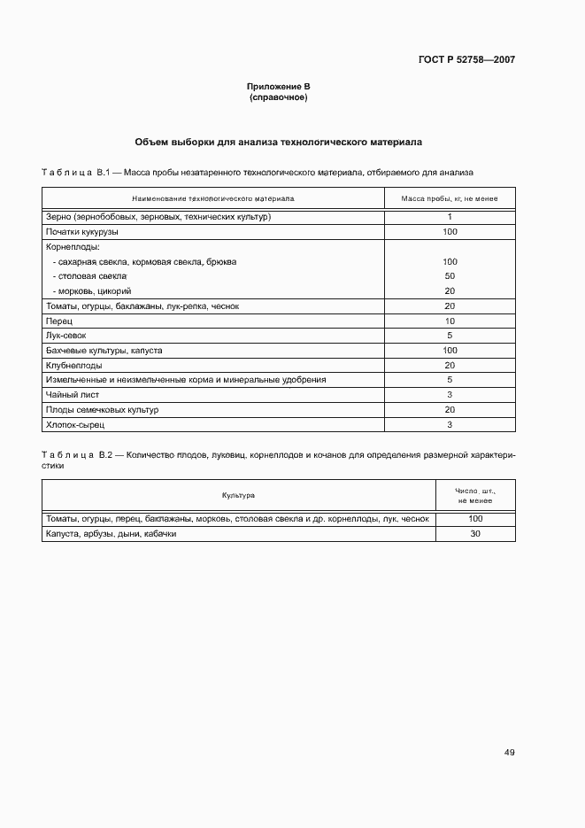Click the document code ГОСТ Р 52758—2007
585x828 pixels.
pos(466,60)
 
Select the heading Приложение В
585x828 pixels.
pos(279,86)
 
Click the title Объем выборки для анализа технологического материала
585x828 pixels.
pos(279,141)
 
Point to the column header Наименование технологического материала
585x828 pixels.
pos(213,198)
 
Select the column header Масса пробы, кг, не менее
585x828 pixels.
pos(450,198)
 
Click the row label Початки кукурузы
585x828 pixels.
pos(81,231)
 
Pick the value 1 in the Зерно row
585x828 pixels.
pos(450,217)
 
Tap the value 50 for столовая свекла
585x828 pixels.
pos(450,276)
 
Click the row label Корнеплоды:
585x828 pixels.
pos(72,247)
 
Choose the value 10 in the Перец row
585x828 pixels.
pos(450,321)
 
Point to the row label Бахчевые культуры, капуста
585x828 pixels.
pos(104,351)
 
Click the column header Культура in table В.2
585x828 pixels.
pos(238,495)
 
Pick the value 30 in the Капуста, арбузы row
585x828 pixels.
pos(475,534)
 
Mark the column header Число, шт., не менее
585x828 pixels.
pos(475,495)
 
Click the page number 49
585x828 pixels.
pos(509,753)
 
